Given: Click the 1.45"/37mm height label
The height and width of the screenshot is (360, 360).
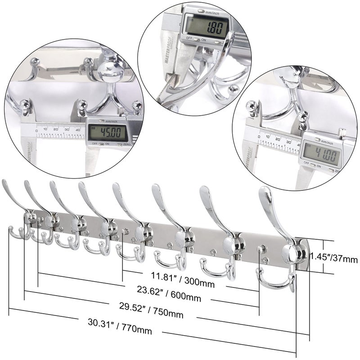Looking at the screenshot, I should (x=334, y=259).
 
